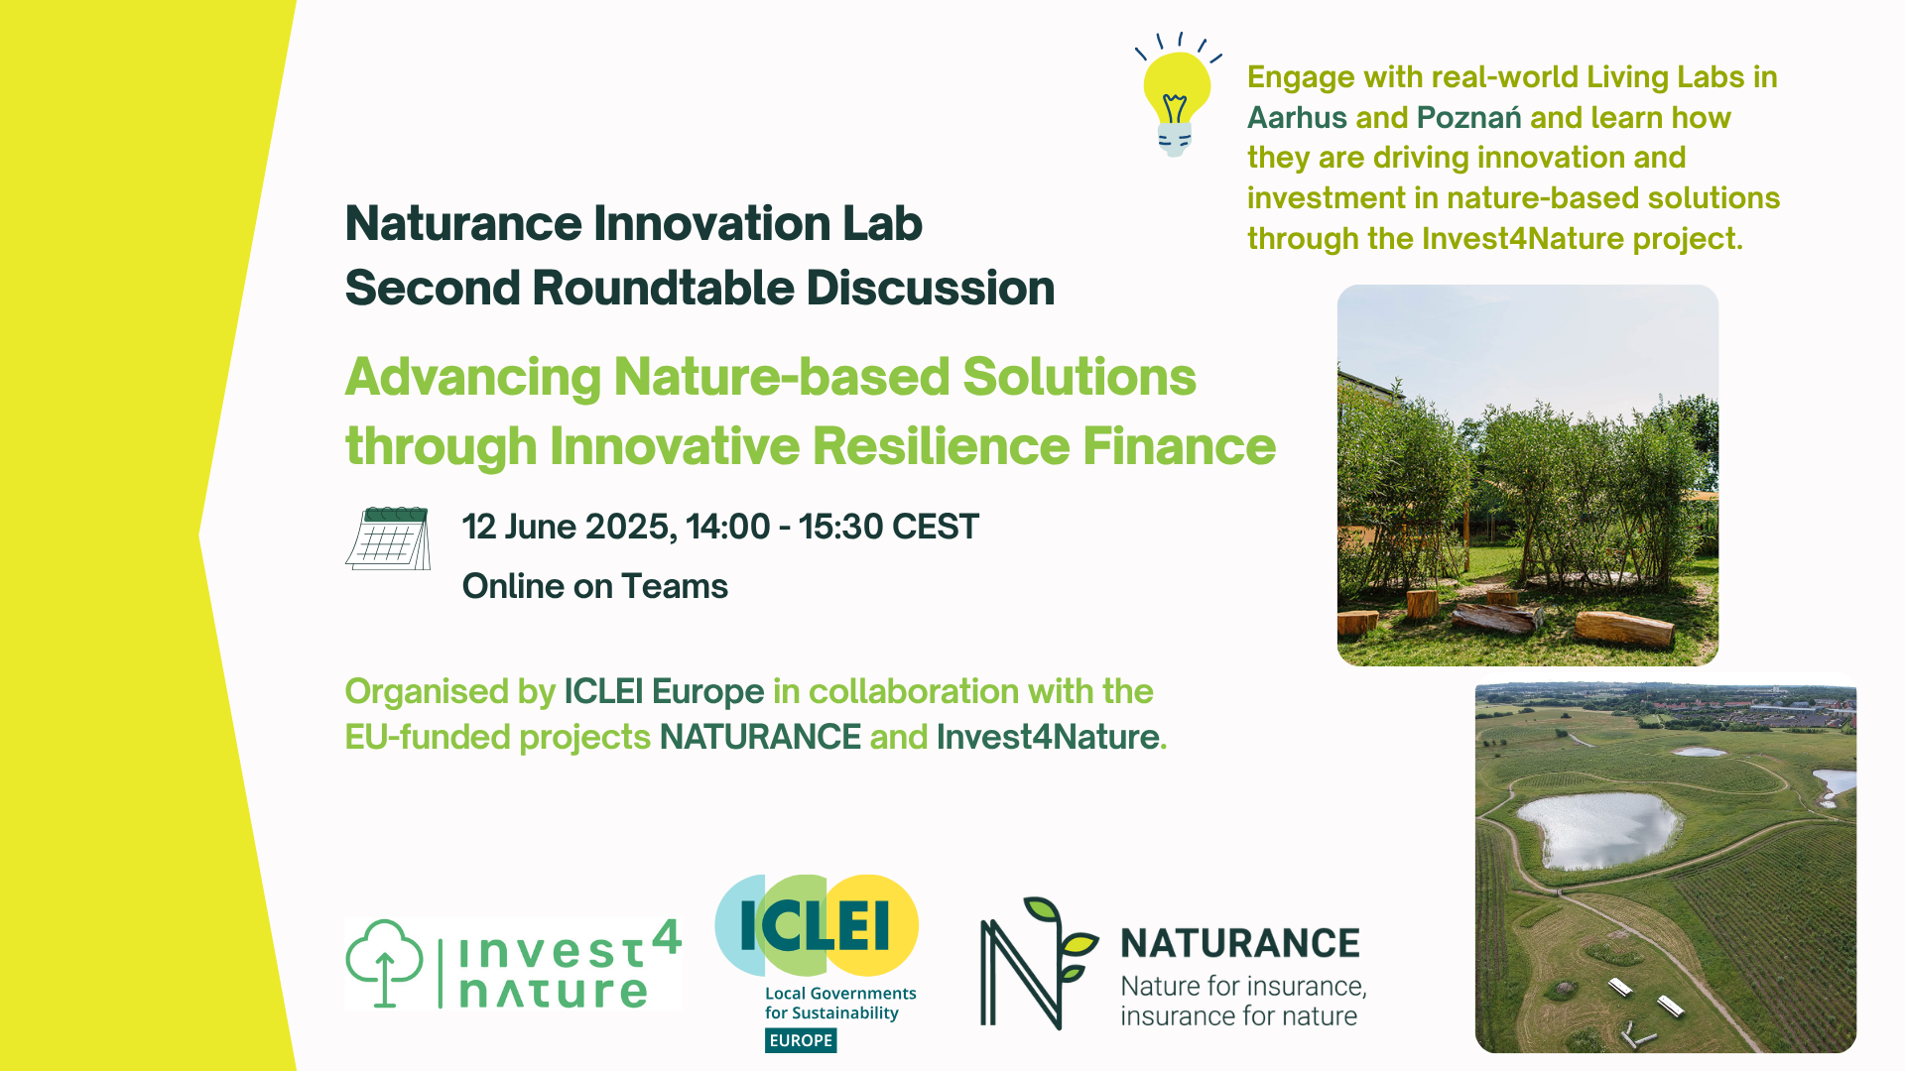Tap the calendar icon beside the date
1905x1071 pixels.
pyautogui.click(x=388, y=538)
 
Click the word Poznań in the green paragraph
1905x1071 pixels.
pyautogui.click(x=1468, y=118)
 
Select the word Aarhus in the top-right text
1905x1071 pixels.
pyautogui.click(x=1297, y=118)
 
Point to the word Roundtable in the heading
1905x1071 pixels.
pyautogui.click(x=663, y=288)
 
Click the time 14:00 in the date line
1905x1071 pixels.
pyautogui.click(x=727, y=527)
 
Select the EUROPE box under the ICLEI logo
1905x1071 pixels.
pyautogui.click(x=801, y=1040)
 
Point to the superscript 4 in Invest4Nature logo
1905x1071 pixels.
pyautogui.click(x=667, y=936)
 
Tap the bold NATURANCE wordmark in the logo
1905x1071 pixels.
pyautogui.click(x=1240, y=943)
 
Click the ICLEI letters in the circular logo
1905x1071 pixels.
pyautogui.click(x=815, y=926)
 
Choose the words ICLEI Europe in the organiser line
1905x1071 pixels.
pyautogui.click(x=664, y=691)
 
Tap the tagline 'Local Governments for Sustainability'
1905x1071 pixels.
pyautogui.click(x=840, y=1003)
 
